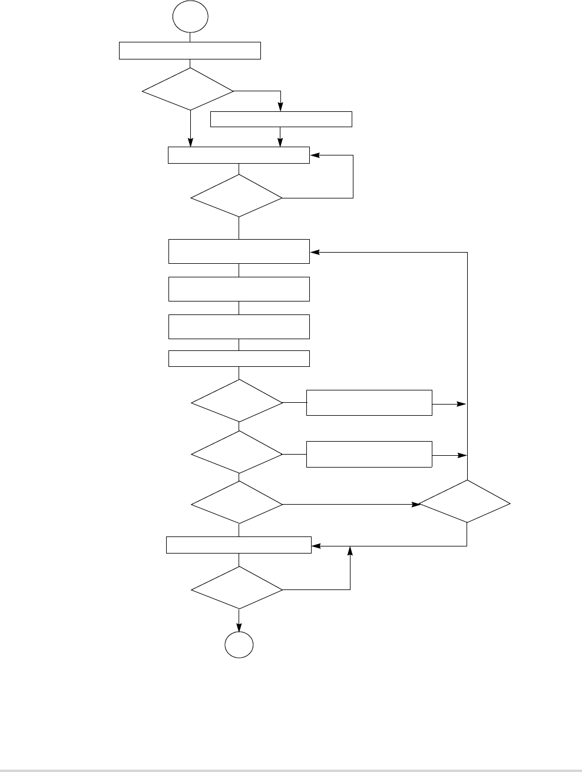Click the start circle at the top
[x=190, y=18]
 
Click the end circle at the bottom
[x=239, y=646]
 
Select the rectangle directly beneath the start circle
[x=190, y=51]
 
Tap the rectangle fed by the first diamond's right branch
[x=281, y=119]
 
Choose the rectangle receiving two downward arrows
[x=239, y=155]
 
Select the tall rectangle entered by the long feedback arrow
[x=239, y=251]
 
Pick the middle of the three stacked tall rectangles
[x=239, y=289]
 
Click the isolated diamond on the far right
[x=465, y=502]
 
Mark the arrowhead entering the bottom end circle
[x=239, y=628]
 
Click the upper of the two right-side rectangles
[x=369, y=402]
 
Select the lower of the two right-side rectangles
[x=369, y=454]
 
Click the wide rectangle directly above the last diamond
[x=239, y=545]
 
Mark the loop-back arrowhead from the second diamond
[x=315, y=155]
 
